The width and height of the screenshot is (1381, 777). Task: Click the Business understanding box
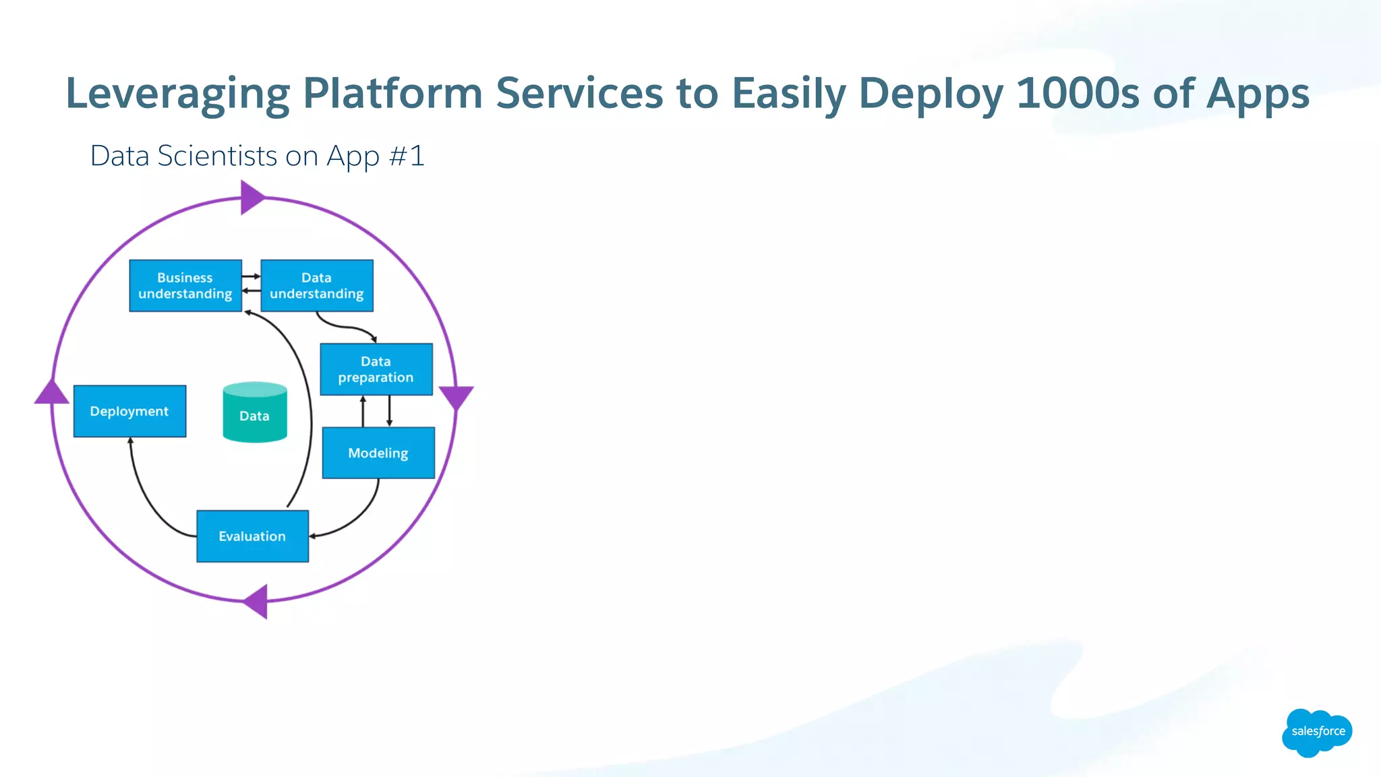[x=185, y=285]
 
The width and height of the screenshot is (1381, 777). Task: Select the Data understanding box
[x=317, y=285]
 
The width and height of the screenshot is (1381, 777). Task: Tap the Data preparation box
[x=376, y=369]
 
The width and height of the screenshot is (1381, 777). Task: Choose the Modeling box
[x=378, y=453]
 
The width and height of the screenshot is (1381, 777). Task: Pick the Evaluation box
[x=252, y=536]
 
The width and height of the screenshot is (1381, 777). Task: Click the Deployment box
[x=129, y=411]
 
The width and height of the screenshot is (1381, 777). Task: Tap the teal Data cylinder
[x=255, y=413]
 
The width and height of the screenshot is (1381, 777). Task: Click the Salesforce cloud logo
[x=1317, y=732]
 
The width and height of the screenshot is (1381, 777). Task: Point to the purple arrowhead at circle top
[x=251, y=198]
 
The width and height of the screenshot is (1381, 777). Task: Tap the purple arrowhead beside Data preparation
[x=457, y=396]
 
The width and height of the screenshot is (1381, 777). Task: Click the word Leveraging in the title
[x=177, y=93]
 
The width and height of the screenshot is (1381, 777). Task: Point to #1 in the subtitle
[x=407, y=156]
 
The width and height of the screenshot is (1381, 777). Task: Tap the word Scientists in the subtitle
[x=217, y=156]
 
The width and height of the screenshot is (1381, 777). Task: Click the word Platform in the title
[x=392, y=93]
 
